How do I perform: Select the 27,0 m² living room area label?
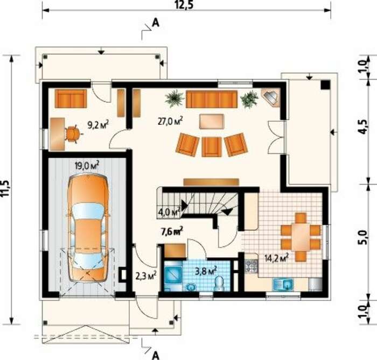click(x=170, y=121)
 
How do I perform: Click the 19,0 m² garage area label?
click(x=87, y=165)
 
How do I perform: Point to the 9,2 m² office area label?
click(x=98, y=125)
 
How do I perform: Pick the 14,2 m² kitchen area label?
click(x=276, y=258)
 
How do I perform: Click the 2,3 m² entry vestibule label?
click(x=146, y=276)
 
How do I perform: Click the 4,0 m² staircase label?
click(x=169, y=212)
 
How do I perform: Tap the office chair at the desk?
click(x=73, y=134)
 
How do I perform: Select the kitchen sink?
click(x=283, y=285)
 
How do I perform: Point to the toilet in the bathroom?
click(x=219, y=284)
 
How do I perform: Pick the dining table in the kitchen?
click(x=301, y=237)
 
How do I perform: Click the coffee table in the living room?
click(x=212, y=122)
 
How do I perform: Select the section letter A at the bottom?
click(x=156, y=356)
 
